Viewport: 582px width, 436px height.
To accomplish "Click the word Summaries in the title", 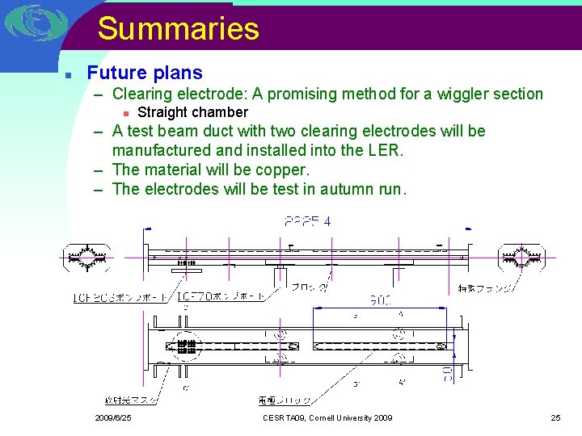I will tap(179, 28).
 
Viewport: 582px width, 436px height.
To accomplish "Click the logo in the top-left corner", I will tap(33, 23).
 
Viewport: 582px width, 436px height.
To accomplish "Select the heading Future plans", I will tap(145, 73).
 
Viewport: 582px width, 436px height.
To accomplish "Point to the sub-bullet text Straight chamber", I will tap(192, 112).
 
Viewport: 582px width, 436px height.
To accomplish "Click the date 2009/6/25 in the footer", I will tap(113, 418).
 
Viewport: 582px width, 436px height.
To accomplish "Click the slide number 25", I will tap(555, 418).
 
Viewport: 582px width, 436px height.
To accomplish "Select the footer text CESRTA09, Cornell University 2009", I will tap(327, 418).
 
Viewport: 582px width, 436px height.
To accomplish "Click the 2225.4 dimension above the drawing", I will tap(307, 220).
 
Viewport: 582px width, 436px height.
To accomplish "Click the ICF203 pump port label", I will tap(120, 297).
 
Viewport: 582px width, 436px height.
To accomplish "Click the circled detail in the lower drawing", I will tap(187, 346).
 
